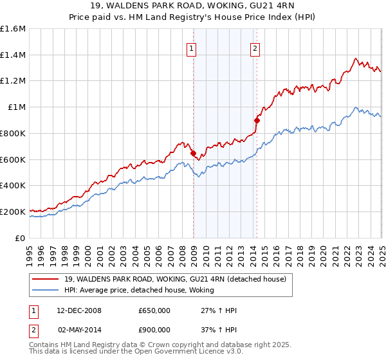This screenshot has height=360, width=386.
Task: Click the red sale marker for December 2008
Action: click(193, 153)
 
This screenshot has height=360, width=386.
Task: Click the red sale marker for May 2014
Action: click(257, 120)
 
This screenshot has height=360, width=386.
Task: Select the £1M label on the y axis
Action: click(17, 107)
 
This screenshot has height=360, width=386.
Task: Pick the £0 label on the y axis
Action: click(21, 238)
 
